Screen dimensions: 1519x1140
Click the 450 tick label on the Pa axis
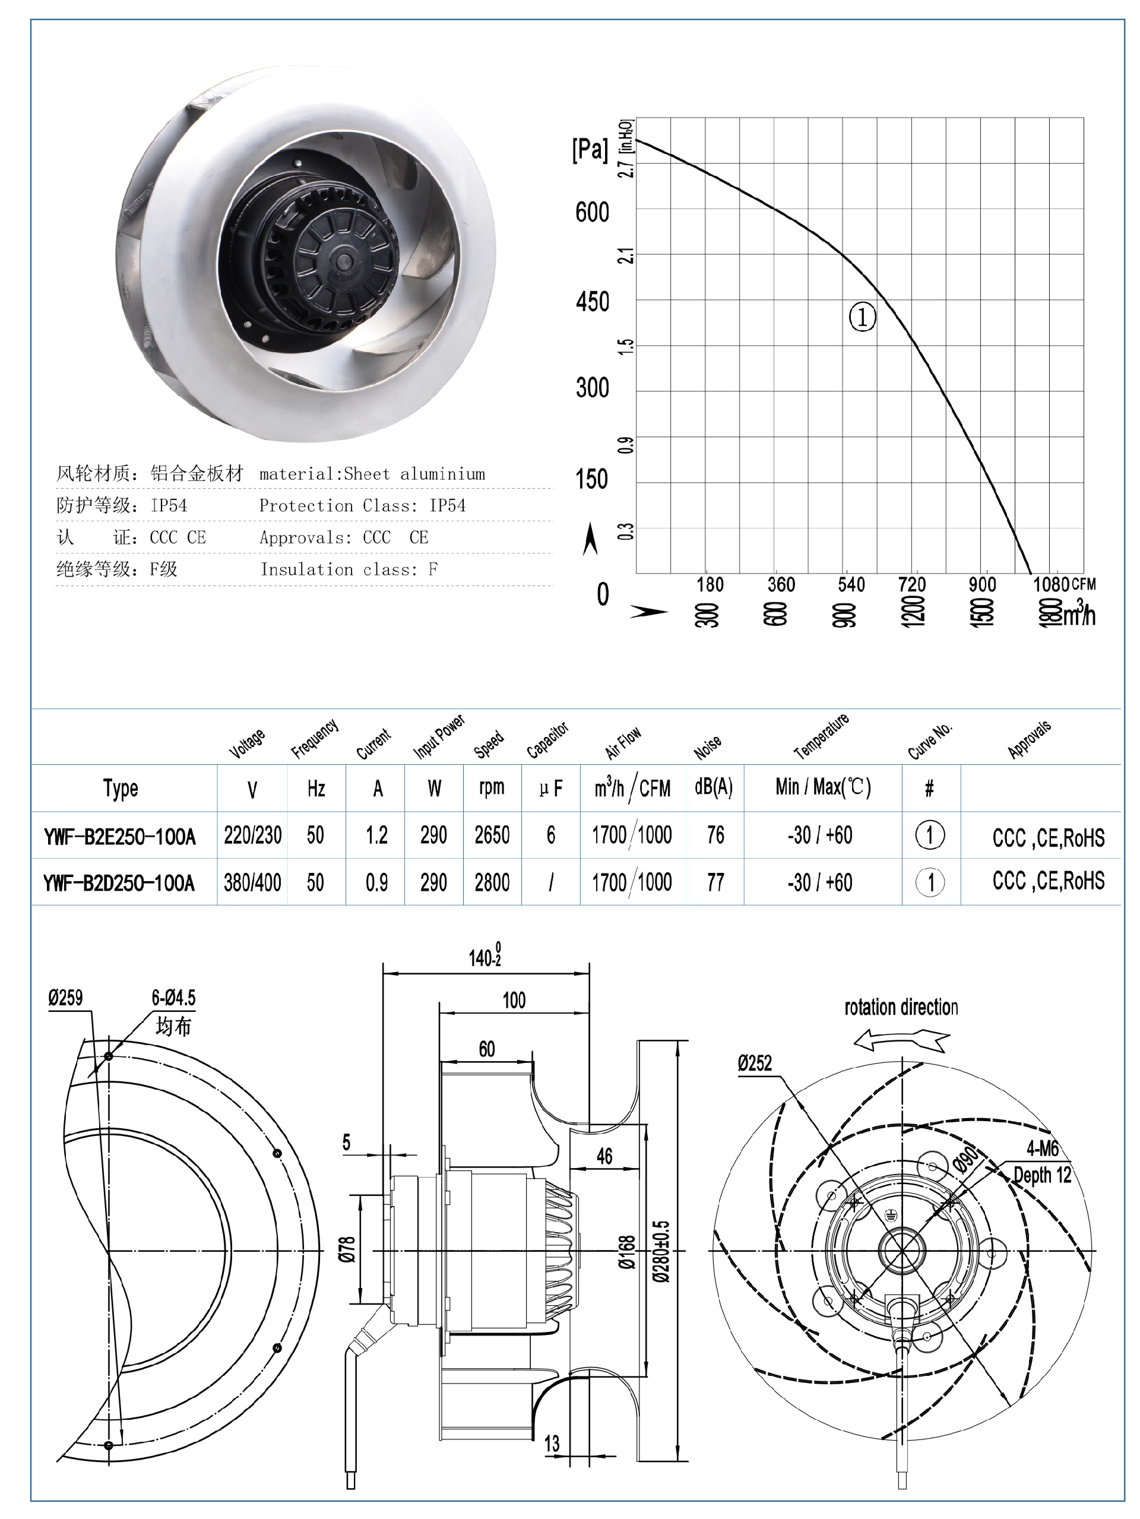pyautogui.click(x=592, y=302)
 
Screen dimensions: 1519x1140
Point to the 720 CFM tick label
pyautogui.click(x=912, y=584)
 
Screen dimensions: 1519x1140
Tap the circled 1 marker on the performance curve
pyautogui.click(x=862, y=317)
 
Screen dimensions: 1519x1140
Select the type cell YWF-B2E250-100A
pyautogui.click(x=119, y=837)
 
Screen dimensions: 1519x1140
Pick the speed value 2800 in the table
pyautogui.click(x=492, y=882)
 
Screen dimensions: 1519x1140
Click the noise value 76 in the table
pyautogui.click(x=715, y=835)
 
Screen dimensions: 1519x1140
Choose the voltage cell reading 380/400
pyautogui.click(x=252, y=882)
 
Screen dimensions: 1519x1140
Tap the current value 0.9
pyautogui.click(x=376, y=882)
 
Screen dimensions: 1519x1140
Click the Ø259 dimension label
pyautogui.click(x=65, y=998)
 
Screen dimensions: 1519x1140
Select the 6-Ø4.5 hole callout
pyautogui.click(x=173, y=998)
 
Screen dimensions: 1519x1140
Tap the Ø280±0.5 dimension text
pyautogui.click(x=661, y=1251)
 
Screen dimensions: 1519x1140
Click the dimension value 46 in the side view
pyautogui.click(x=604, y=1156)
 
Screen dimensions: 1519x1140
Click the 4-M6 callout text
pyautogui.click(x=1043, y=1148)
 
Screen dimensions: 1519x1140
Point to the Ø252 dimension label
pyautogui.click(x=755, y=1064)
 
